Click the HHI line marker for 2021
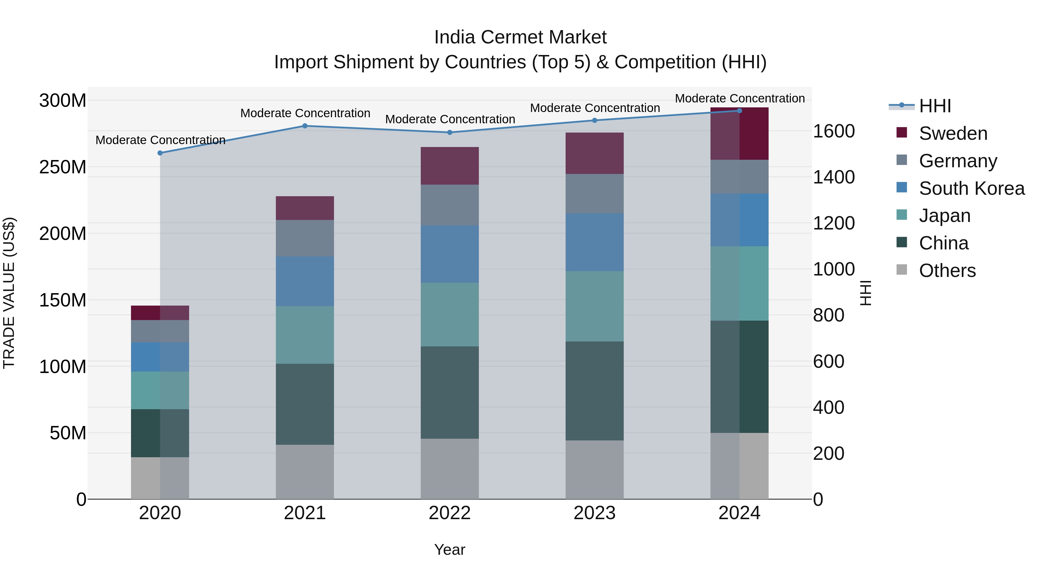pyautogui.click(x=305, y=126)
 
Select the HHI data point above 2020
pyautogui.click(x=160, y=153)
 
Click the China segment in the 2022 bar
pyautogui.click(x=449, y=392)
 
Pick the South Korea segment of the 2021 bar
pyautogui.click(x=305, y=281)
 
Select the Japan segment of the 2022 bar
pyautogui.click(x=449, y=314)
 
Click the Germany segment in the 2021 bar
pyautogui.click(x=305, y=238)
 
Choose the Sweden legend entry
pyautogui.click(x=953, y=133)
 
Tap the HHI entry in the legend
pyautogui.click(x=934, y=106)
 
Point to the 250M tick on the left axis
pyautogui.click(x=63, y=167)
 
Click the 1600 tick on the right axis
pyautogui.click(x=834, y=131)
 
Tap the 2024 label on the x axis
pyautogui.click(x=739, y=513)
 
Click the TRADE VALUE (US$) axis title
pyautogui.click(x=9, y=293)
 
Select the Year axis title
pyautogui.click(x=449, y=550)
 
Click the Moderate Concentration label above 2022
pyautogui.click(x=450, y=119)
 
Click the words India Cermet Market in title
pyautogui.click(x=520, y=37)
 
